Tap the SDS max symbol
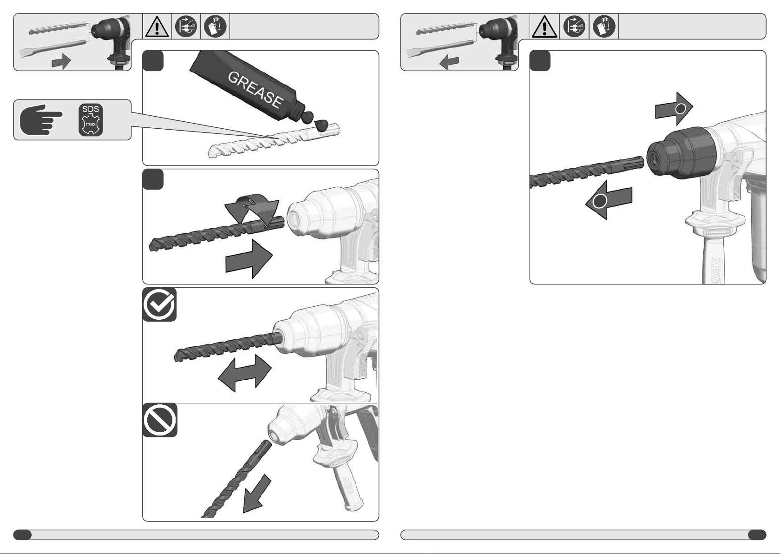[x=91, y=119]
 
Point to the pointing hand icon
[x=41, y=119]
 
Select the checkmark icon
[x=159, y=304]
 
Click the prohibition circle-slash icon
[x=160, y=420]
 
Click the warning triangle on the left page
[x=157, y=27]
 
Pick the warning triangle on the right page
[x=544, y=27]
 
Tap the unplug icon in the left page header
[x=186, y=26]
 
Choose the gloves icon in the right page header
[x=604, y=26]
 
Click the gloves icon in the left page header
[x=215, y=26]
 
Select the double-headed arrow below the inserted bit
[x=245, y=373]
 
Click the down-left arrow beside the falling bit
[x=256, y=494]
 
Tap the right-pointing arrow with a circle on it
[x=674, y=109]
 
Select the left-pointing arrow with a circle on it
[x=609, y=200]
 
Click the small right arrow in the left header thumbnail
[x=61, y=62]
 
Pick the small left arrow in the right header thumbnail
[x=449, y=62]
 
